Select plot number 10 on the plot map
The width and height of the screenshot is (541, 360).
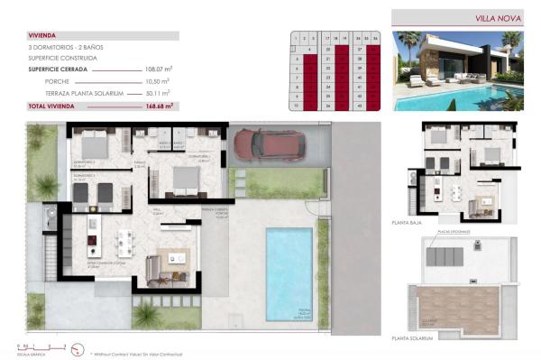pos(297,106)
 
